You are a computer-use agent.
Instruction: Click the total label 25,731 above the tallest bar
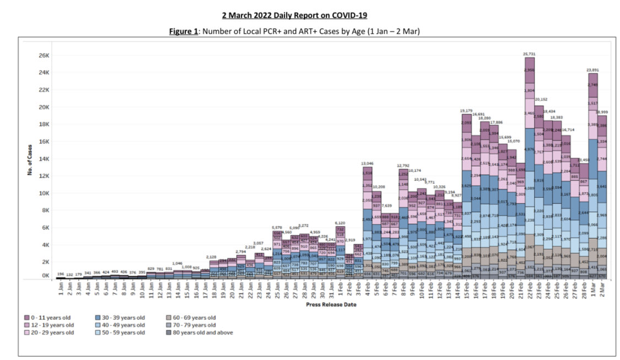[529, 54]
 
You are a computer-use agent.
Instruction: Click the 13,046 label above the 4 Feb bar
[368, 164]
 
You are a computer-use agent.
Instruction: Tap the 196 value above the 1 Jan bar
[61, 273]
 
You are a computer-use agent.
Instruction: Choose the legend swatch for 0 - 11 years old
[26, 317]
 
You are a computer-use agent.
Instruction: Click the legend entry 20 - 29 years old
[53, 332]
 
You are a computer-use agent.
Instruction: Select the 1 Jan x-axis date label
[61, 289]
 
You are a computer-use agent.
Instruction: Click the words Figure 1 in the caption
[184, 31]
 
